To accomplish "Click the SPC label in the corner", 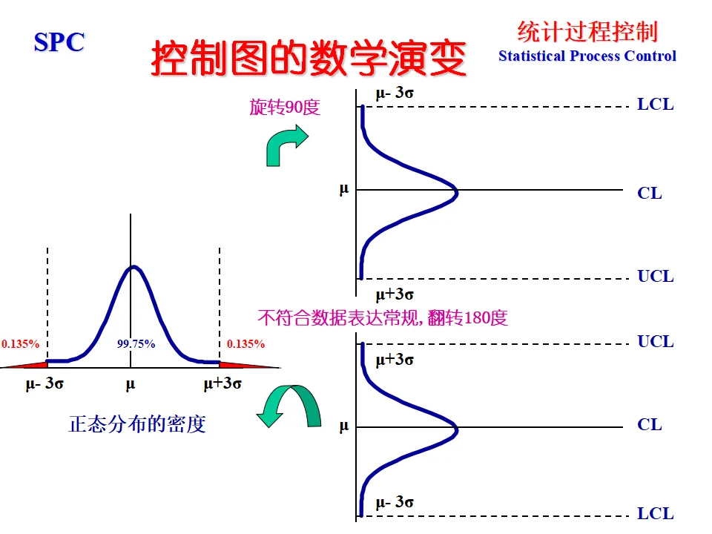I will click(59, 42).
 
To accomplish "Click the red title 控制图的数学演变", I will click(309, 59).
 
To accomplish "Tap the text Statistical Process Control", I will click(587, 56).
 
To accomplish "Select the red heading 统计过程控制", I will click(587, 32).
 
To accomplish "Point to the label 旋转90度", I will click(284, 108).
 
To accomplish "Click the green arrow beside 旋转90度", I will click(286, 144).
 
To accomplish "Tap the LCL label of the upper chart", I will click(656, 105).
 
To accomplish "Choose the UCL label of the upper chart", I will click(656, 277).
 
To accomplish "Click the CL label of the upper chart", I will click(650, 194).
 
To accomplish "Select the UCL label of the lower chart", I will click(656, 342).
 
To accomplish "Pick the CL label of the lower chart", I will click(650, 425).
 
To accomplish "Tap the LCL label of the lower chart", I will click(656, 514).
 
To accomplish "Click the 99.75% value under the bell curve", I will click(136, 344).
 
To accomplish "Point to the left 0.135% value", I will click(21, 344).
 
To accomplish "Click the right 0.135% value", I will click(245, 344).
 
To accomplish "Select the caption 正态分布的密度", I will click(137, 424).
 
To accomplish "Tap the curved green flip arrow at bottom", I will click(291, 406).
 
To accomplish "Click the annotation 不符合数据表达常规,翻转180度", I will click(382, 318).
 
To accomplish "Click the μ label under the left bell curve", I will click(131, 384).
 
